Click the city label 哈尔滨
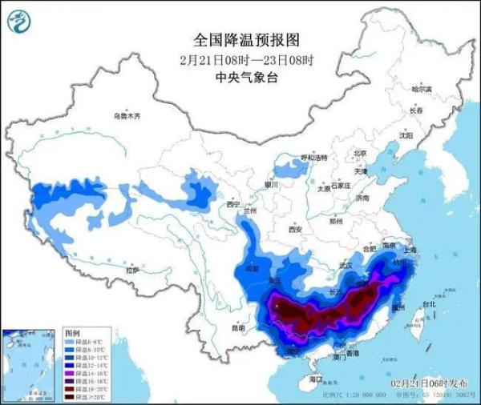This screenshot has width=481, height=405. tap(421, 88)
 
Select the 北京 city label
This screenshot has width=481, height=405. tap(360, 153)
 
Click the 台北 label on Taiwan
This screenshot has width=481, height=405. tap(429, 304)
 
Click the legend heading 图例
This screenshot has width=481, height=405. tap(72, 331)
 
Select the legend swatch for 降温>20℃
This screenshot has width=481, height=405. tap(71, 396)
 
